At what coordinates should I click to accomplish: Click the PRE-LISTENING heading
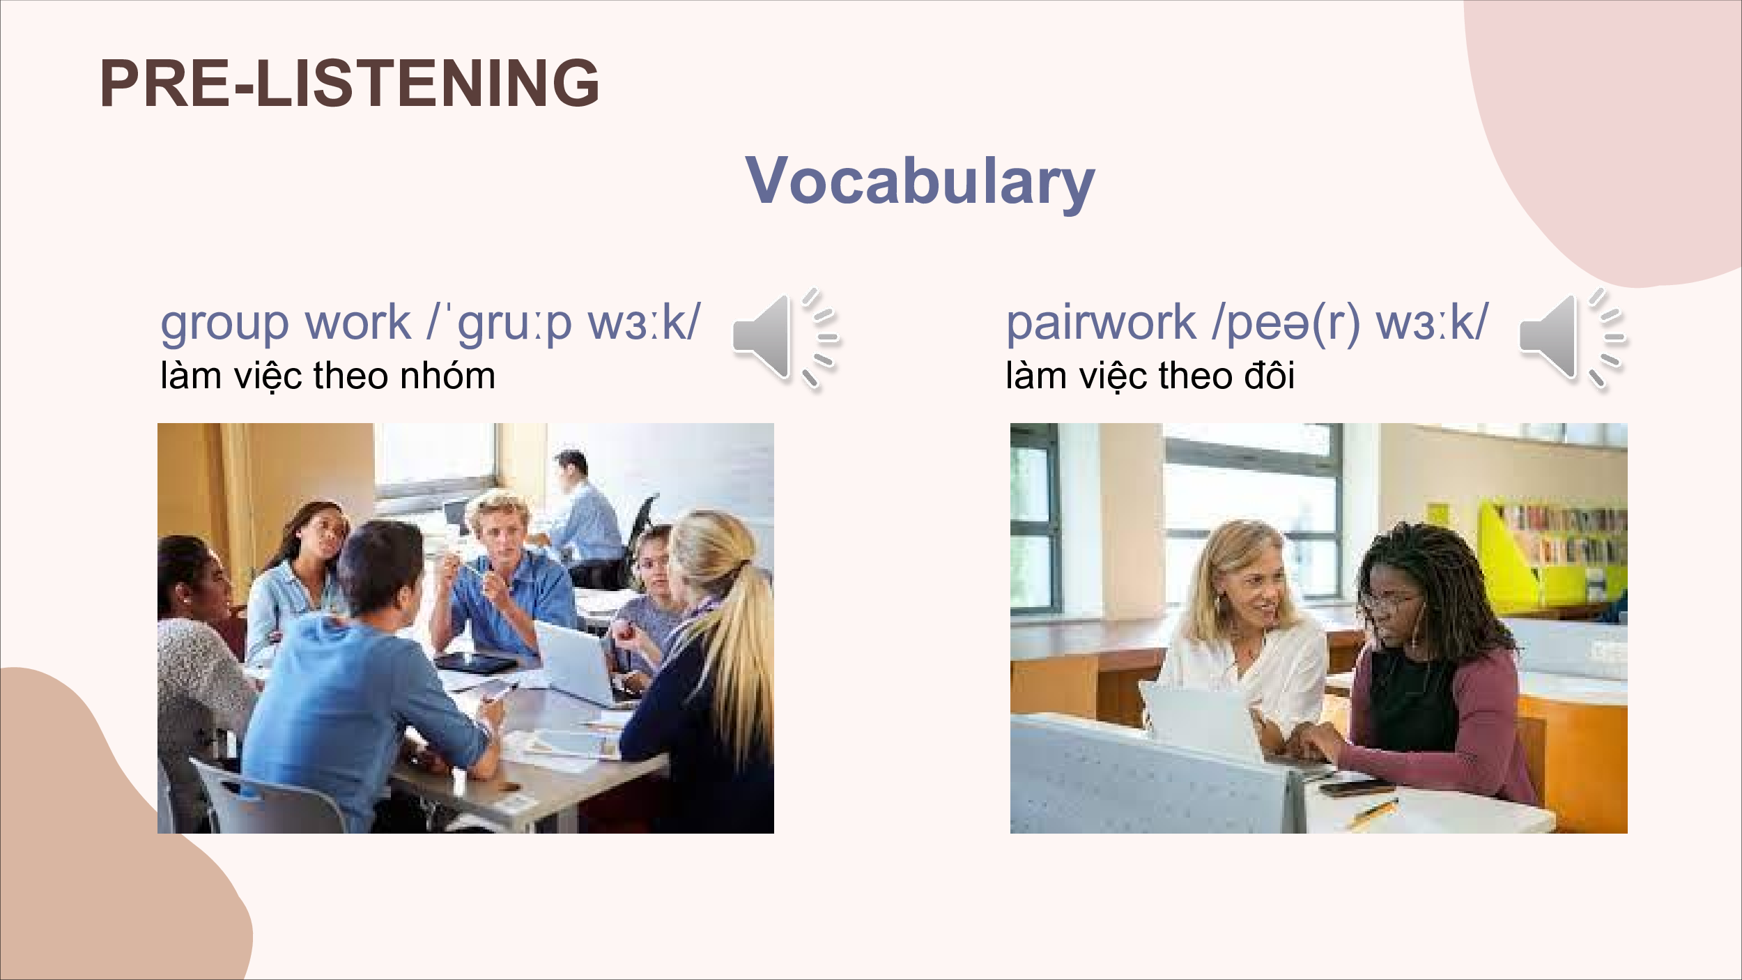pos(349,83)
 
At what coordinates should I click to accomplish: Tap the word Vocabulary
pos(920,181)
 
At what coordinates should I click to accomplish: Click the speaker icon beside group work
pos(786,339)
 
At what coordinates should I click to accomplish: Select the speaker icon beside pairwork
pos(1573,339)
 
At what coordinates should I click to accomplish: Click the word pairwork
pos(1101,323)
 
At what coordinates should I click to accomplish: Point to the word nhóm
pos(447,376)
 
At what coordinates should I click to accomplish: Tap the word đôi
pos(1270,376)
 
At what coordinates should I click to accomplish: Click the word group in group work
pos(224,325)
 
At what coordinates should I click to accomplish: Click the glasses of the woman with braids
pos(1391,600)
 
